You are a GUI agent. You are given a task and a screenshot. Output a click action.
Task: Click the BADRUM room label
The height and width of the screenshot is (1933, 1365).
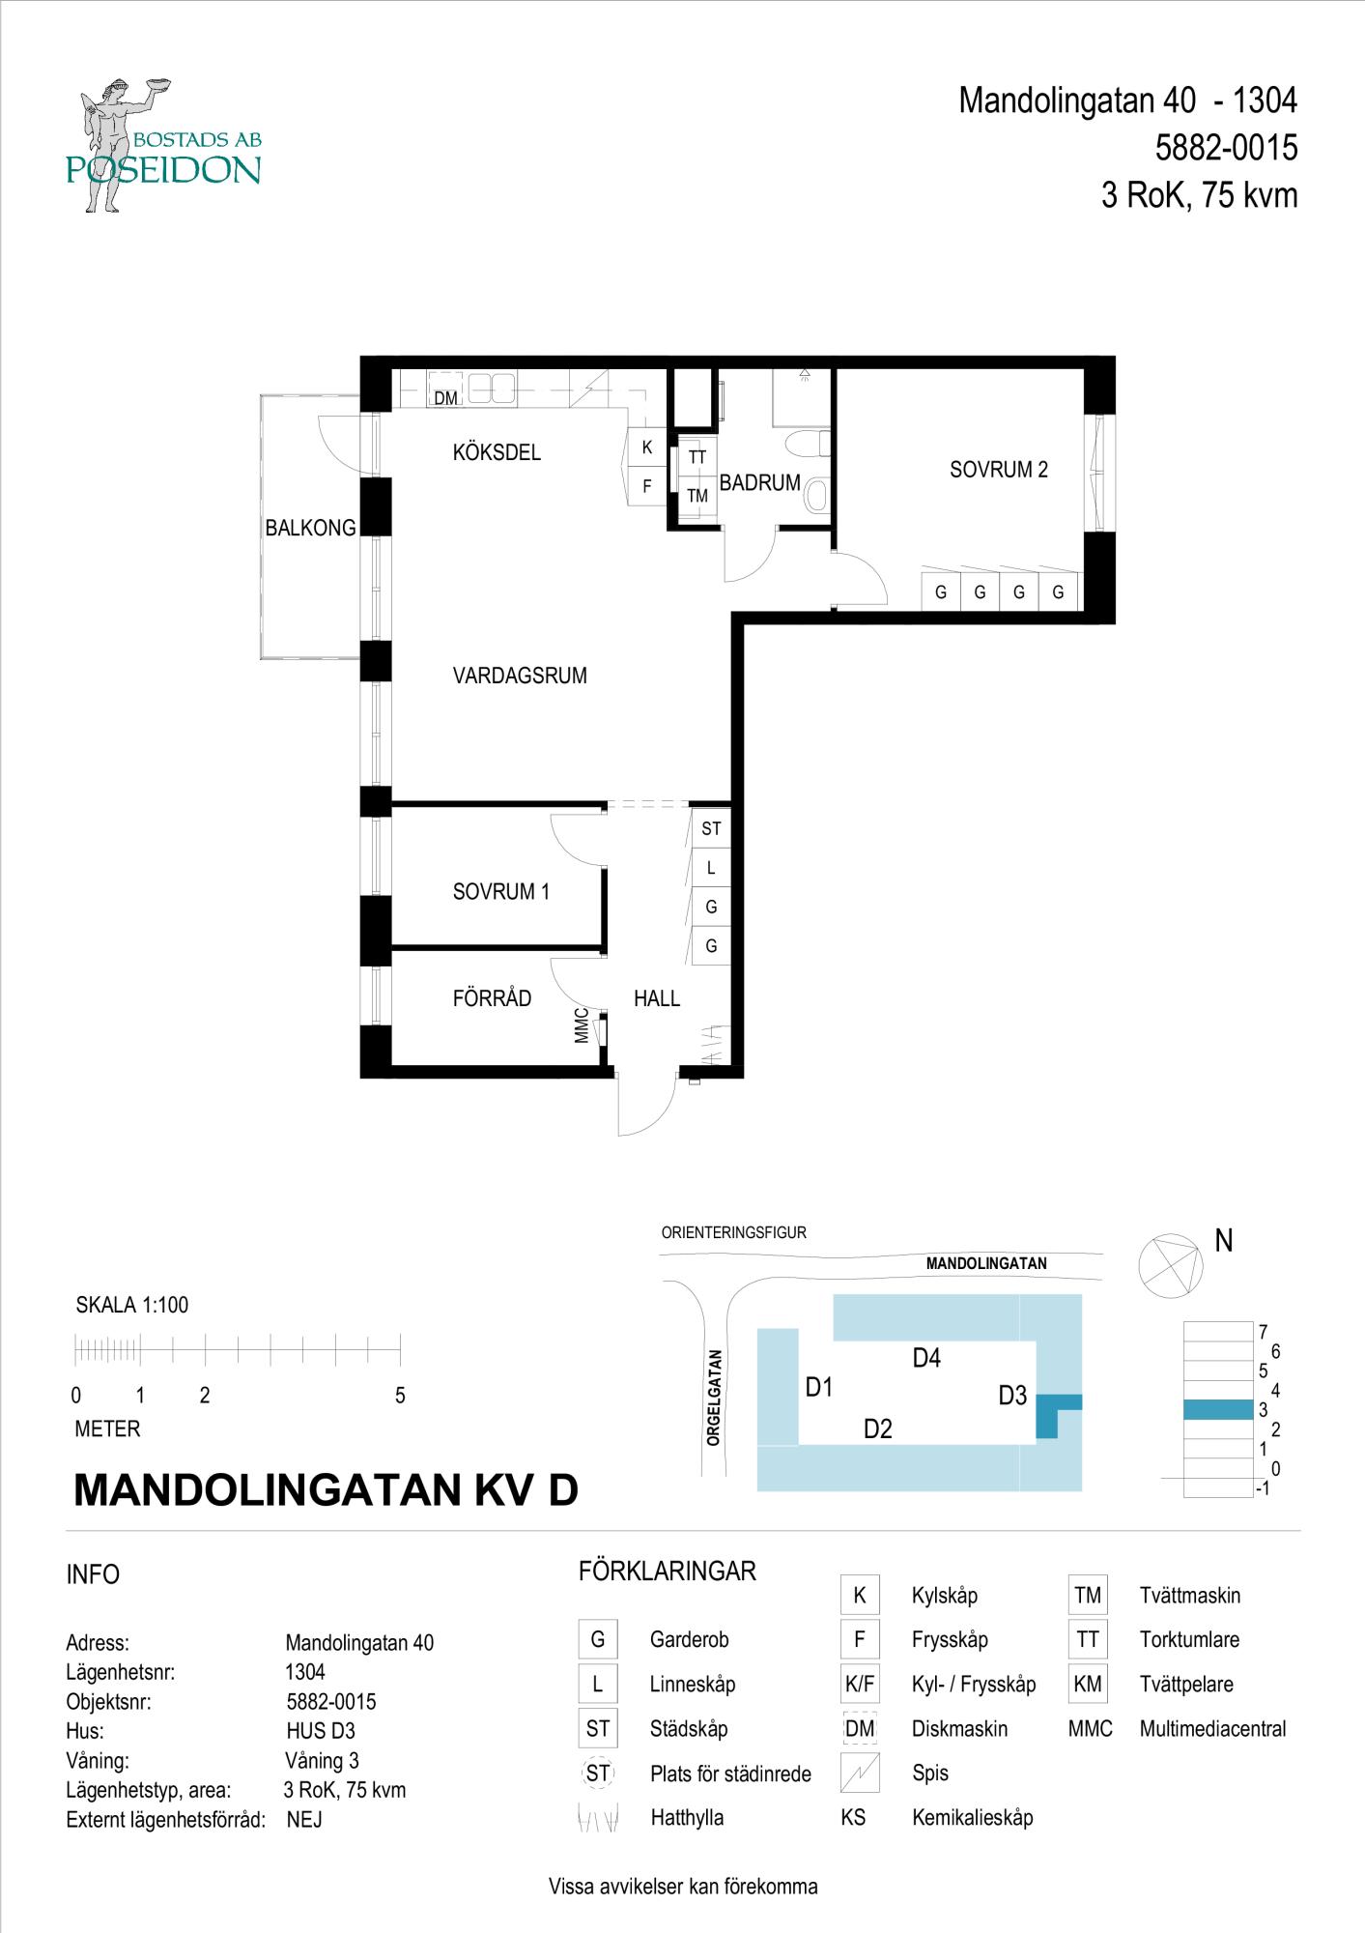[x=759, y=482]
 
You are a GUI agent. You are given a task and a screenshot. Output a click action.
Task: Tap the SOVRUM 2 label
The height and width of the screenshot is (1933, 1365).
[x=998, y=470]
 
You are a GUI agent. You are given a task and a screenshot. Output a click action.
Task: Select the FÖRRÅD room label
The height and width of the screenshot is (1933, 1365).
[x=492, y=998]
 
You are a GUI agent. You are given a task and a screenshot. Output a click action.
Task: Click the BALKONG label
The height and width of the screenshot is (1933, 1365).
[x=310, y=528]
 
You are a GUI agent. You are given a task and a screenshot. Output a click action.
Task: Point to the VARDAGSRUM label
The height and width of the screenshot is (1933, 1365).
[x=520, y=676]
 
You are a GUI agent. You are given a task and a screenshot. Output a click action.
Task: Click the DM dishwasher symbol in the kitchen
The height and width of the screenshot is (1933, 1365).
[x=444, y=397]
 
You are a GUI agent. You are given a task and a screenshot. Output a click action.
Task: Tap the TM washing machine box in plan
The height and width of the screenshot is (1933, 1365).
[x=697, y=496]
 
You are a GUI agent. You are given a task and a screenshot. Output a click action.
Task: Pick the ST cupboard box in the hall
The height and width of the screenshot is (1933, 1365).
[x=711, y=828]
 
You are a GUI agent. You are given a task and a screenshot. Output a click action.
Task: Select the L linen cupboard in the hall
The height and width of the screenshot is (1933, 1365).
[x=711, y=868]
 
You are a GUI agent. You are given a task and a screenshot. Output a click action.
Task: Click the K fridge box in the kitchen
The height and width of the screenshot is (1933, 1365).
[x=646, y=448]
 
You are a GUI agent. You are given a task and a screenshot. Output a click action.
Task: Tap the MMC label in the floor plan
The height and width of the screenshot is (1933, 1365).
[x=582, y=1025]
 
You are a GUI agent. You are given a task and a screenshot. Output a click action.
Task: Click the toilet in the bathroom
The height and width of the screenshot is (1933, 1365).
[x=807, y=446]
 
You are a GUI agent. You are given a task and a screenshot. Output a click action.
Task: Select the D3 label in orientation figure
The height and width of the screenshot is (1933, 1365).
[x=1011, y=1396]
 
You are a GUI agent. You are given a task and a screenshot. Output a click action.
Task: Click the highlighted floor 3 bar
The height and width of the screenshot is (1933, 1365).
[x=1217, y=1410]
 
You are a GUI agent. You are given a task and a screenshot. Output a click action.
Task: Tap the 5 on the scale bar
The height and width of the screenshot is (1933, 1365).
[x=400, y=1396]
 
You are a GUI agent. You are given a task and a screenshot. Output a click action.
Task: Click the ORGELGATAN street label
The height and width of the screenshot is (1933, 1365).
[x=714, y=1398]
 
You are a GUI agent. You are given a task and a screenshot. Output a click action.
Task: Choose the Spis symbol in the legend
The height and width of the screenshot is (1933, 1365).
[x=859, y=1773]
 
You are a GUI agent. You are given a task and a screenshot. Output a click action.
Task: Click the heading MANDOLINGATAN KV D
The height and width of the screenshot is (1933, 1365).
[x=326, y=1490]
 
